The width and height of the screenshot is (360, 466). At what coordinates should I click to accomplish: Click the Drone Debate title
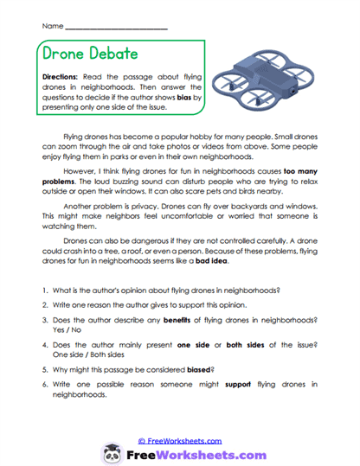(89, 54)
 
